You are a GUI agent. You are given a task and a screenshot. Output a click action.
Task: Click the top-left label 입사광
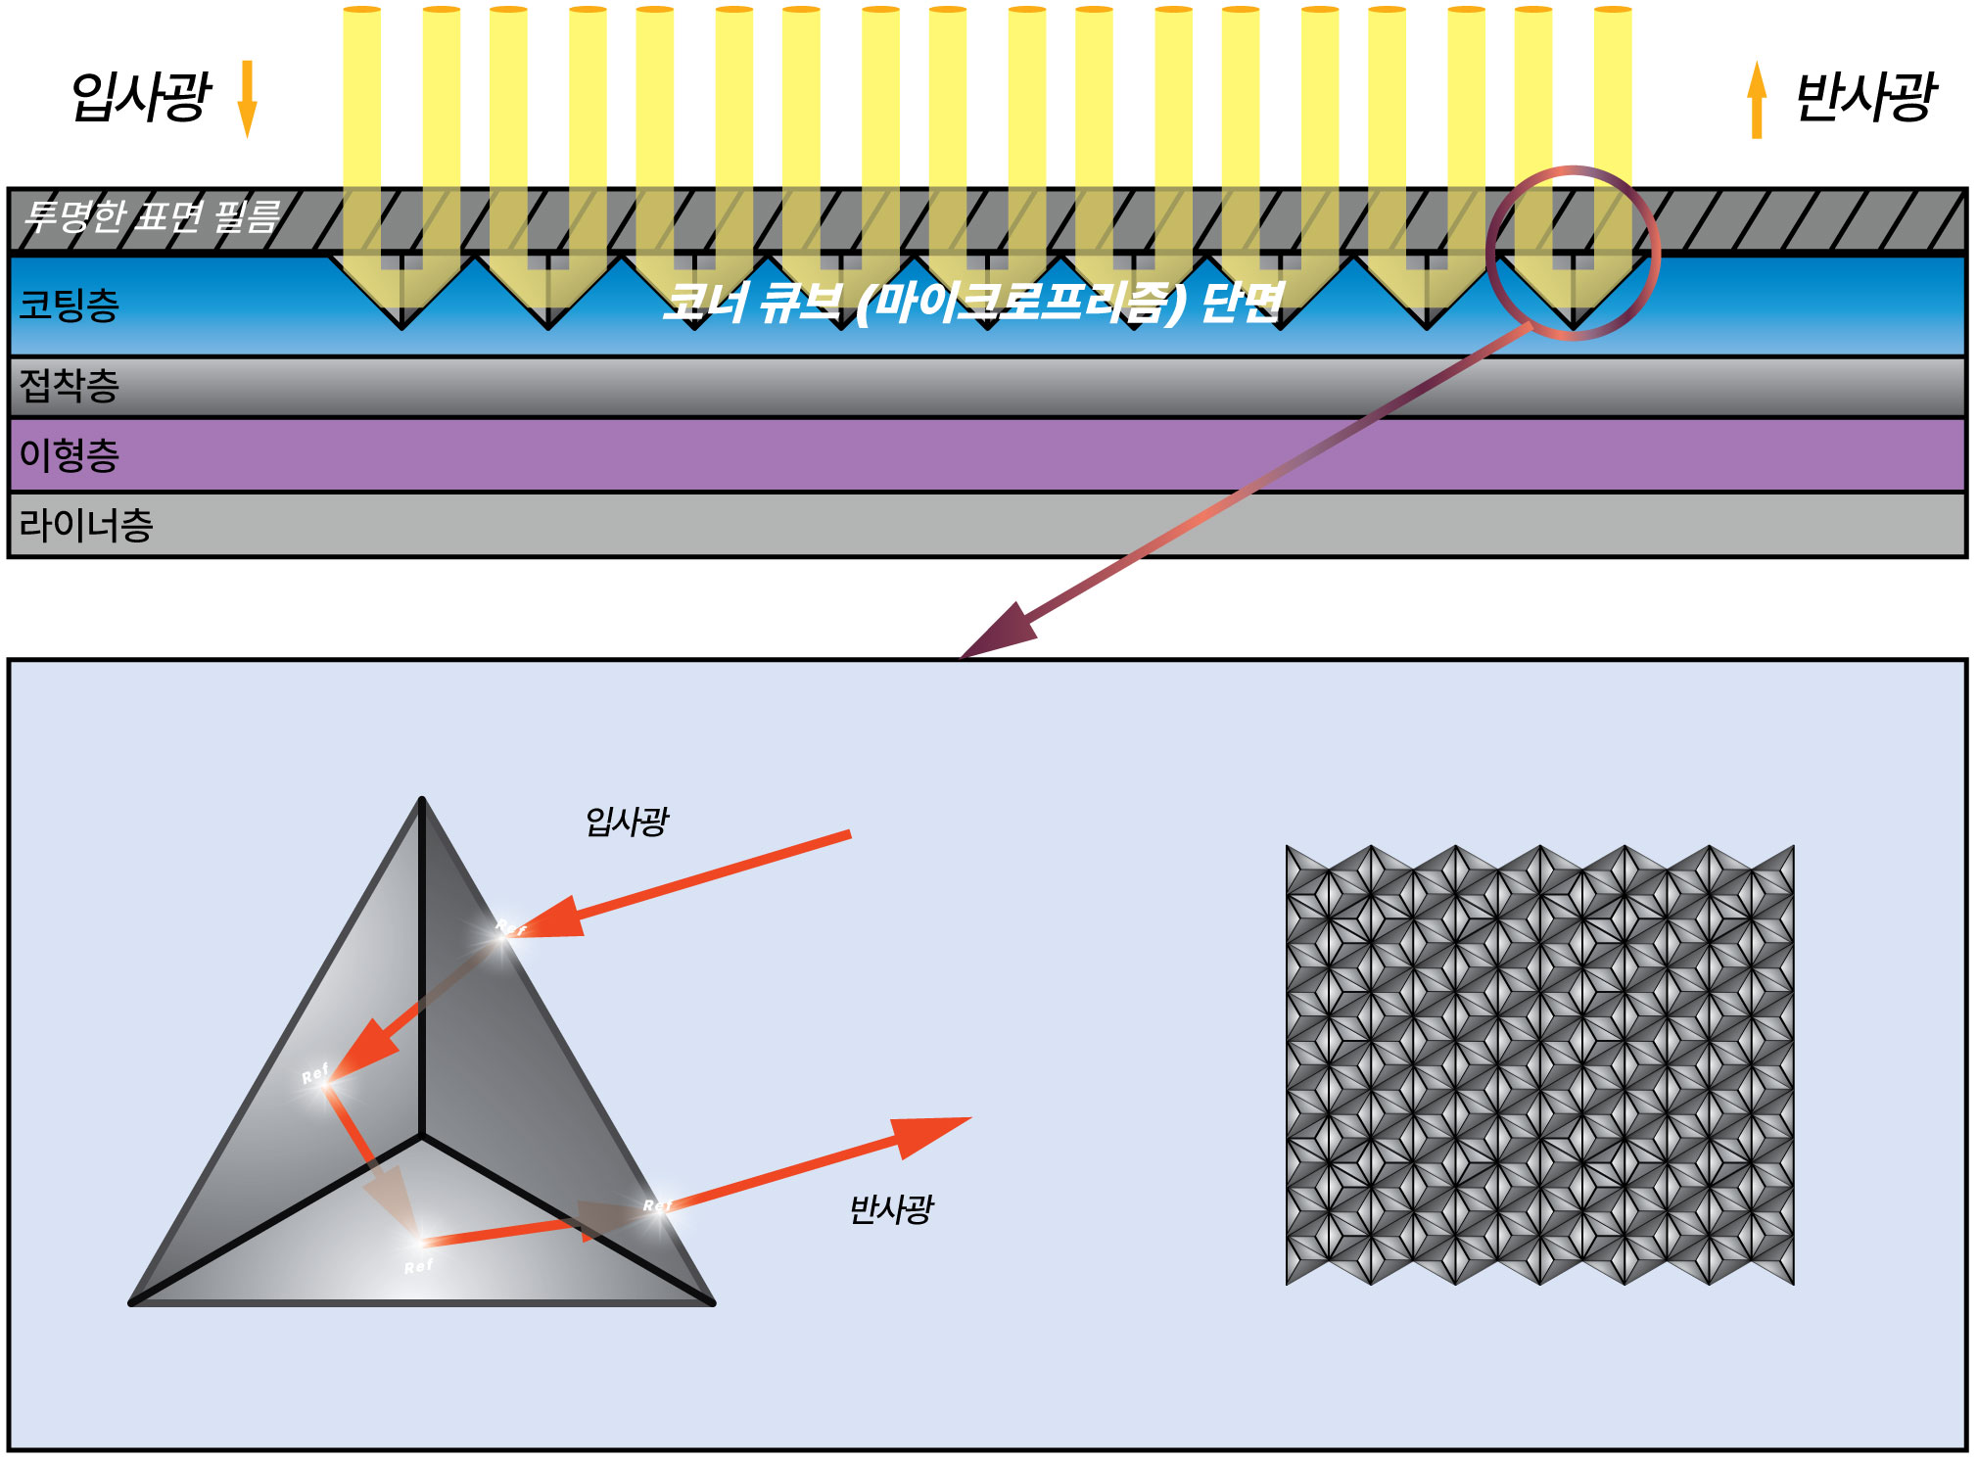[x=141, y=97]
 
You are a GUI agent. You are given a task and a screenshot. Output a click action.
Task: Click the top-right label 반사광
[x=1864, y=97]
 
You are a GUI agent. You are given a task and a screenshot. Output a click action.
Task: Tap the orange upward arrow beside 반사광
[x=1757, y=100]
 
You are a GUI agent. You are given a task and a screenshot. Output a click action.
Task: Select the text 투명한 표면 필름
[x=153, y=216]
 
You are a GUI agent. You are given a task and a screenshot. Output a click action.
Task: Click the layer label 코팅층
[x=70, y=305]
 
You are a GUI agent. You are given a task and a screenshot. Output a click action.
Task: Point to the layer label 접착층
[x=70, y=386]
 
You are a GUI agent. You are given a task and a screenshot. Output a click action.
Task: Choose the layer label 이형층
[x=70, y=455]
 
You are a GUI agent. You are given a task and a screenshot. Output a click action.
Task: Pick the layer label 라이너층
[x=86, y=526]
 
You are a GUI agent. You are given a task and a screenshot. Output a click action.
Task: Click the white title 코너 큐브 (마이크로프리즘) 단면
[x=971, y=302]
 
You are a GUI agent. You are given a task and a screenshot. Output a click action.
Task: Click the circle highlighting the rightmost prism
[x=1573, y=254]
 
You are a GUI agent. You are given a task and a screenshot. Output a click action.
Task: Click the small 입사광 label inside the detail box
[x=627, y=821]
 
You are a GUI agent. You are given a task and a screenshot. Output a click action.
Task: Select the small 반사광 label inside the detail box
[x=891, y=1208]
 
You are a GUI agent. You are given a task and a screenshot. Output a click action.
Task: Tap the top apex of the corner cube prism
[x=422, y=801]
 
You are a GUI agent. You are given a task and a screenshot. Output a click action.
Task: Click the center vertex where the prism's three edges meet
[x=422, y=1137]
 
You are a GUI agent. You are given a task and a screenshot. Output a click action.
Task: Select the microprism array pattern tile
[x=1539, y=1064]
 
